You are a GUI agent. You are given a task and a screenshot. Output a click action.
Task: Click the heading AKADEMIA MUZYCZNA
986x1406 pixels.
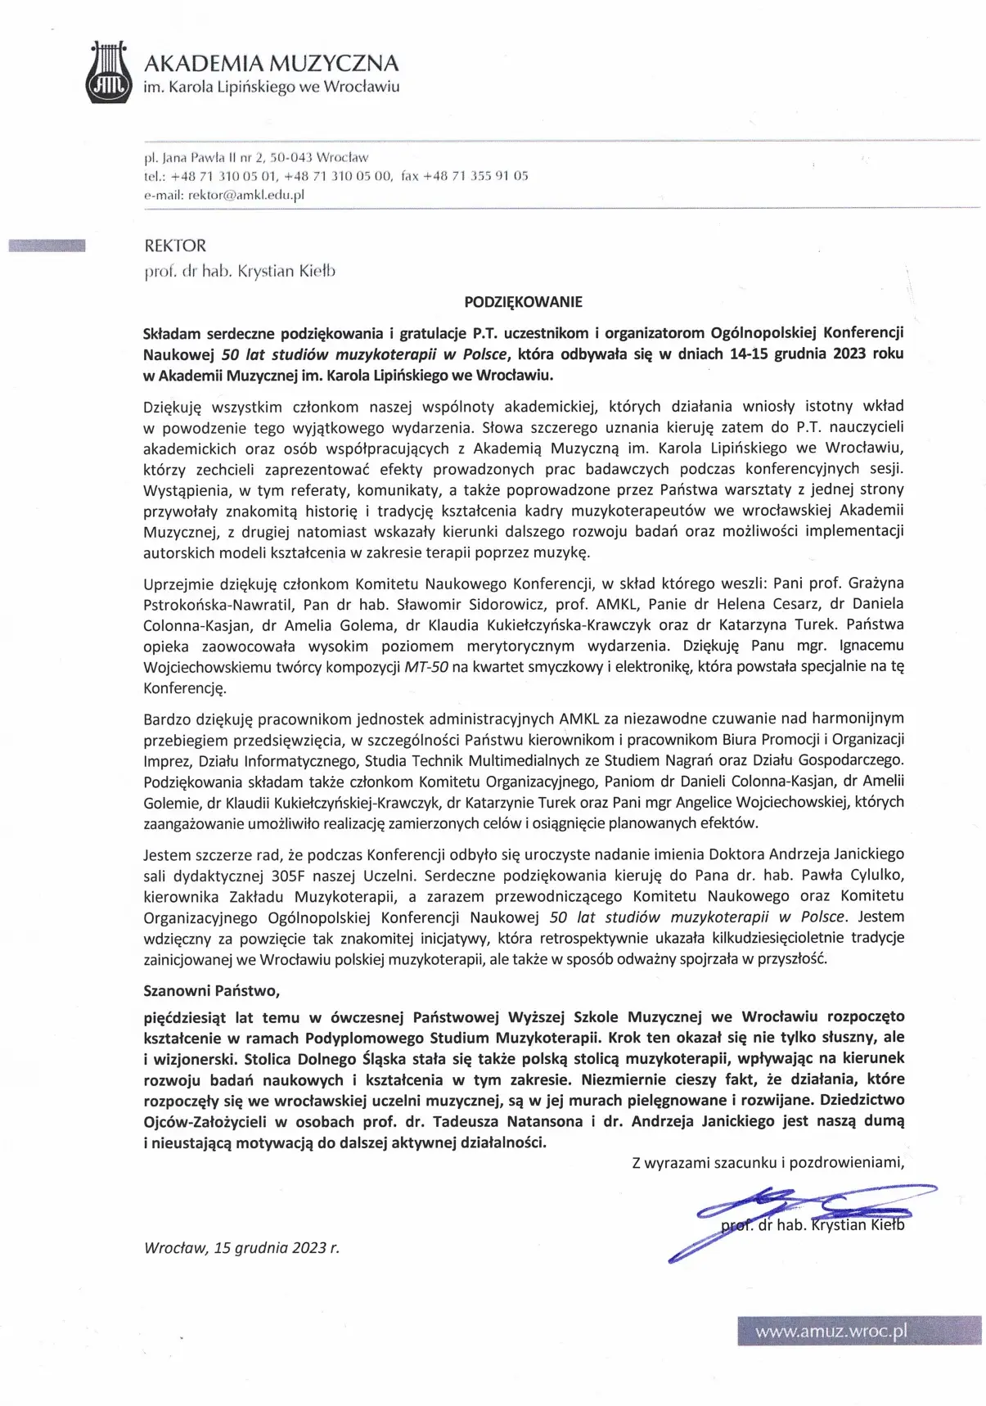coord(271,63)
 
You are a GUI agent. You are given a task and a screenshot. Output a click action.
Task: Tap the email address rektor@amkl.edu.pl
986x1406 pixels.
coord(245,195)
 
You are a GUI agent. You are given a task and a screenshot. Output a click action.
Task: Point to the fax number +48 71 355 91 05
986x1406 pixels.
coord(475,176)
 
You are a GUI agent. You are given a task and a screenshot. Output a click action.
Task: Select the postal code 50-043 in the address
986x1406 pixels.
coord(290,157)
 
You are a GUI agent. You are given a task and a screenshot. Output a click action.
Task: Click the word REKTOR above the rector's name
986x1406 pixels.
coord(175,246)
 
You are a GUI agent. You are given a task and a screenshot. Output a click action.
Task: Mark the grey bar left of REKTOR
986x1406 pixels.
coord(47,245)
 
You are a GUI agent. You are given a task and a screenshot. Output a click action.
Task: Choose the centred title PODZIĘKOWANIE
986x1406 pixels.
coord(523,302)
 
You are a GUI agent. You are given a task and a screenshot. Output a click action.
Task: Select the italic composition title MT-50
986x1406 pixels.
coord(426,667)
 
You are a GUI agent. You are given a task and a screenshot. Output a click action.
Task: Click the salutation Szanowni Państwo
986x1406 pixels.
coord(211,991)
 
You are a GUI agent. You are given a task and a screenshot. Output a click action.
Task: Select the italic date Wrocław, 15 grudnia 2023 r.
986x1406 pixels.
coord(241,1248)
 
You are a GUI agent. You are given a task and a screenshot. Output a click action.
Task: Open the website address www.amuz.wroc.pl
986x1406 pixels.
coord(831,1332)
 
